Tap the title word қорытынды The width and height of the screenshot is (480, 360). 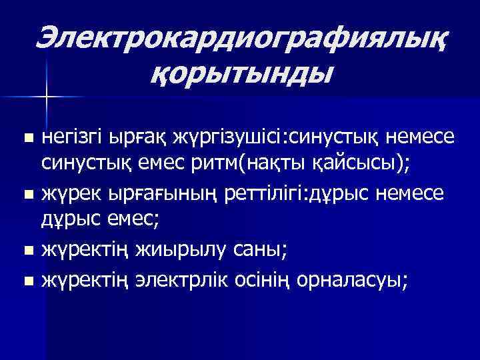click(241, 72)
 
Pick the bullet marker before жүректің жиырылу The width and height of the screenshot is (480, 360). click(27, 252)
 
